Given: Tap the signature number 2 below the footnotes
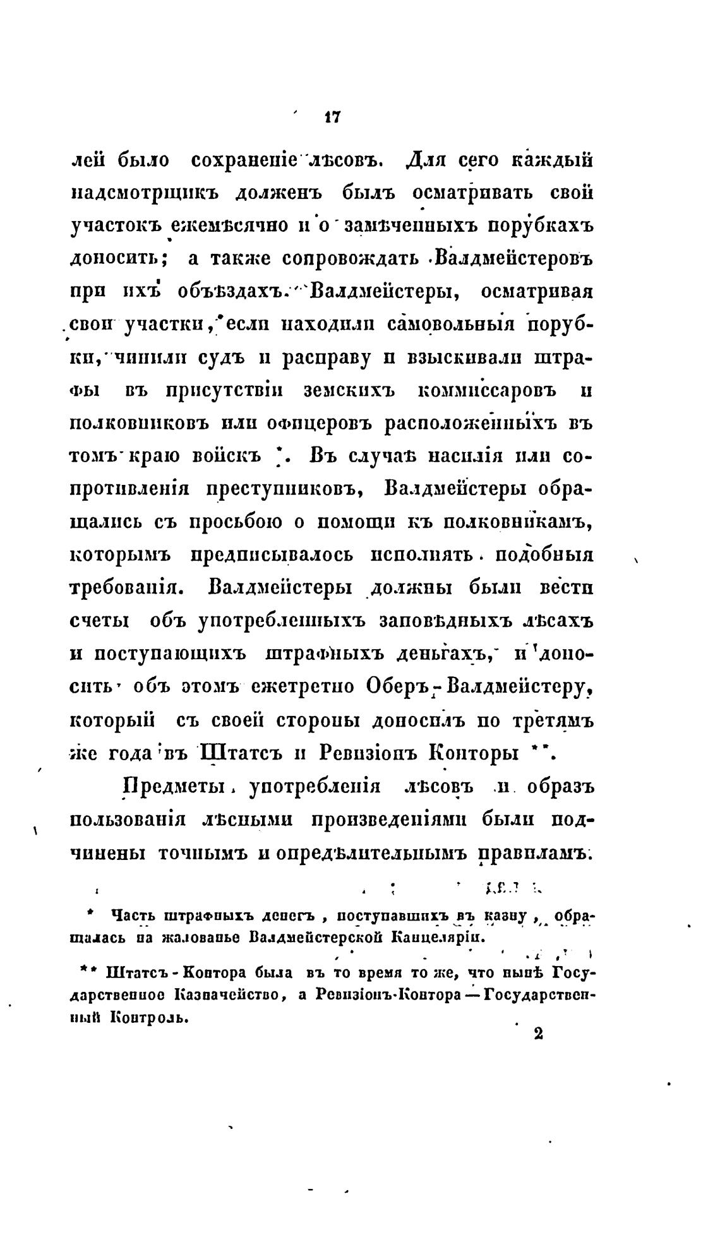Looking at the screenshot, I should pyautogui.click(x=538, y=1033).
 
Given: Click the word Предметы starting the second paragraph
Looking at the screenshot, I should pyautogui.click(x=175, y=787).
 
